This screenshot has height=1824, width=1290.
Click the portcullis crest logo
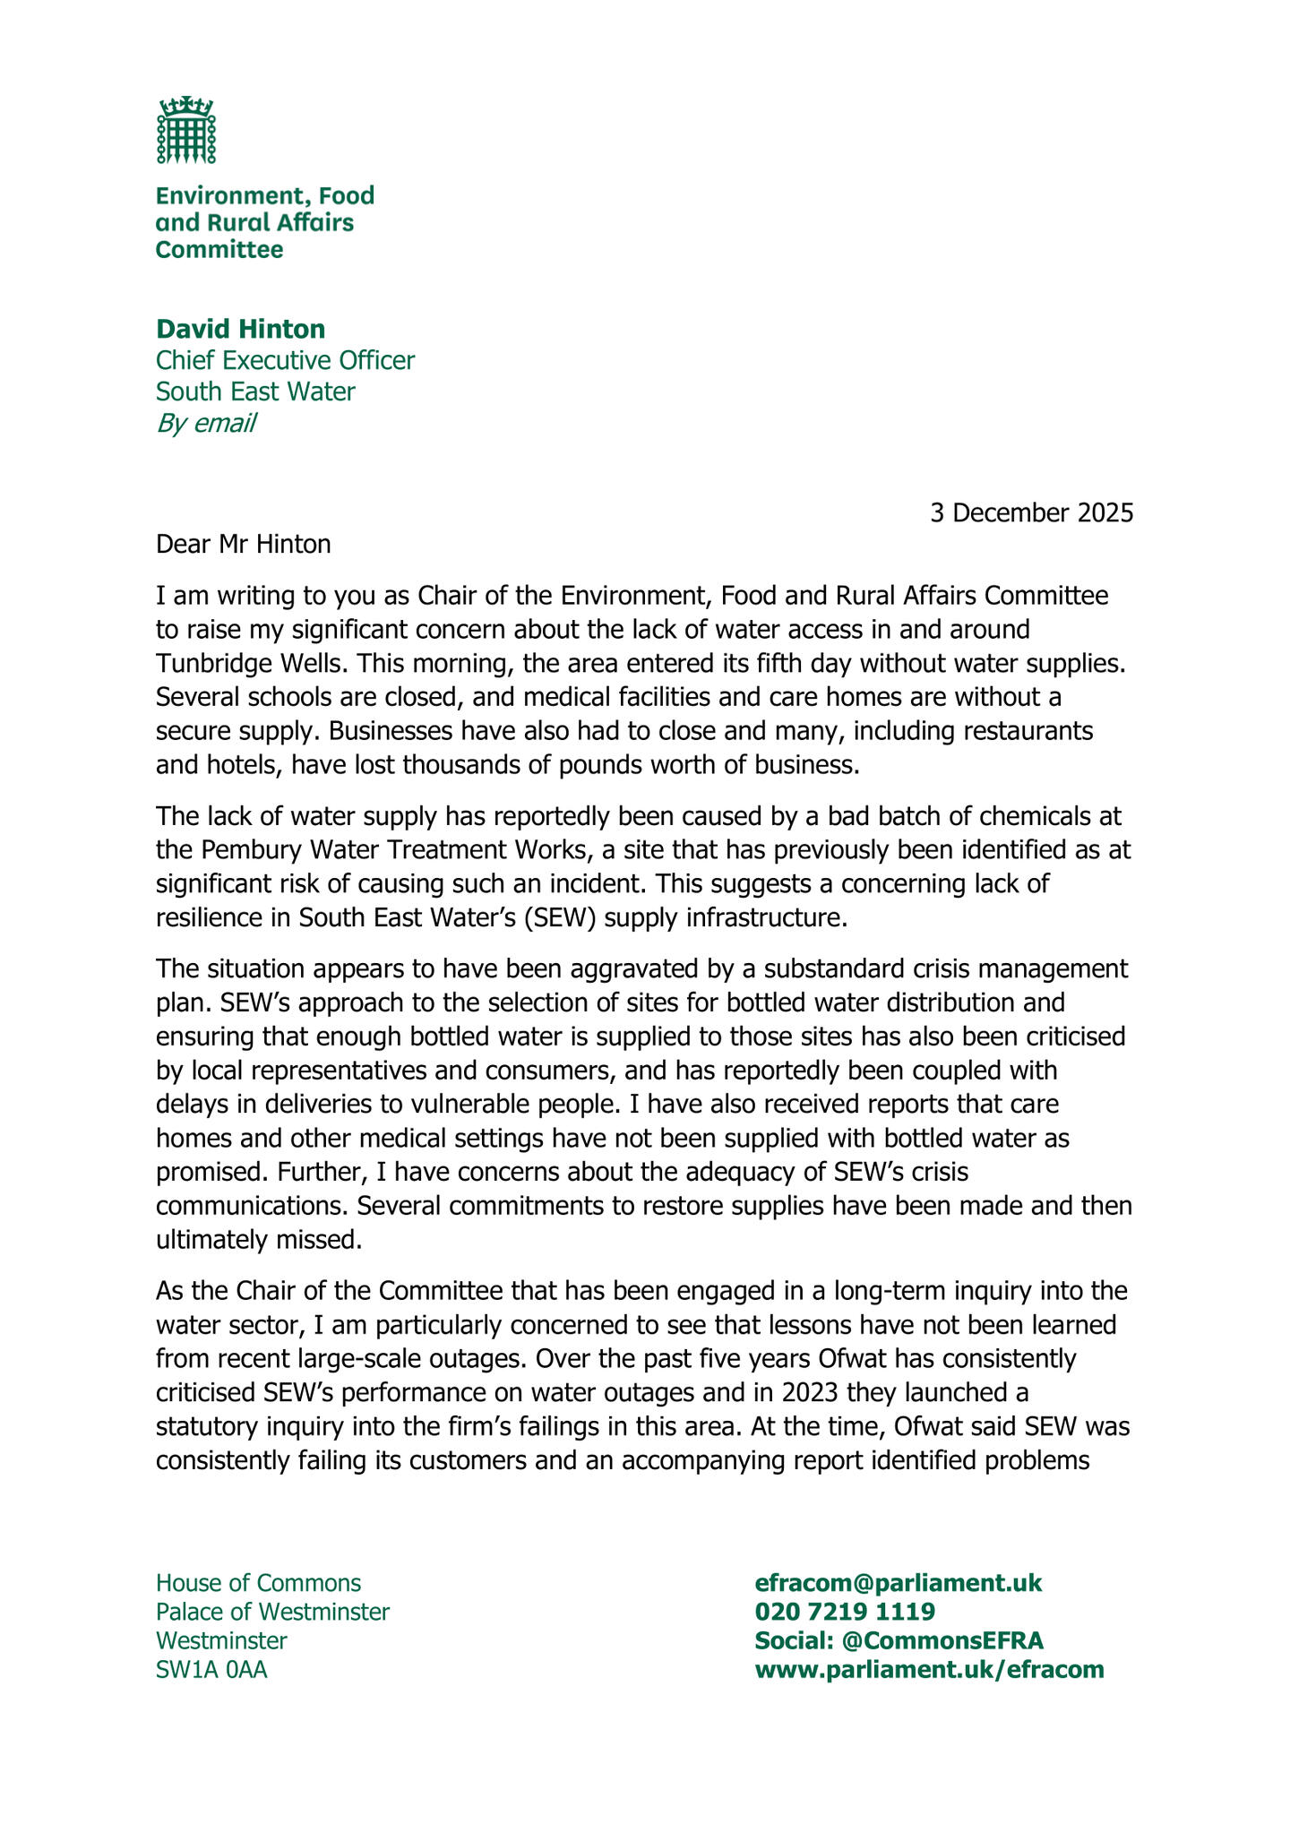(186, 131)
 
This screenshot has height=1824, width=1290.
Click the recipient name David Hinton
(240, 329)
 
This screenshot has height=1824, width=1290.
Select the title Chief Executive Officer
(285, 360)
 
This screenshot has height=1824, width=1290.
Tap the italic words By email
(205, 423)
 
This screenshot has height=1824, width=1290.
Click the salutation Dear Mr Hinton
(243, 543)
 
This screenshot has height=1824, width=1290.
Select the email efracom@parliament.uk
(899, 1582)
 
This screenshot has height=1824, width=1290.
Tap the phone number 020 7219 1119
(845, 1612)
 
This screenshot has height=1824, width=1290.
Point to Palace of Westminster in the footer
(272, 1612)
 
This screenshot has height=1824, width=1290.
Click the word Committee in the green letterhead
(219, 249)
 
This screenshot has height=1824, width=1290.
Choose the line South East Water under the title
(255, 391)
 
